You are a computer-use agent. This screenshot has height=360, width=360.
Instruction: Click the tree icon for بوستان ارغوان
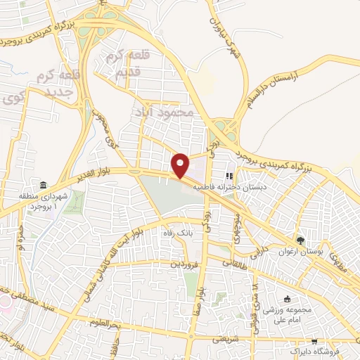tap(300, 239)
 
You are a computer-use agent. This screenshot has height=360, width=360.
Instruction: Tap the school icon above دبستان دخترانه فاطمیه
tap(228, 176)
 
